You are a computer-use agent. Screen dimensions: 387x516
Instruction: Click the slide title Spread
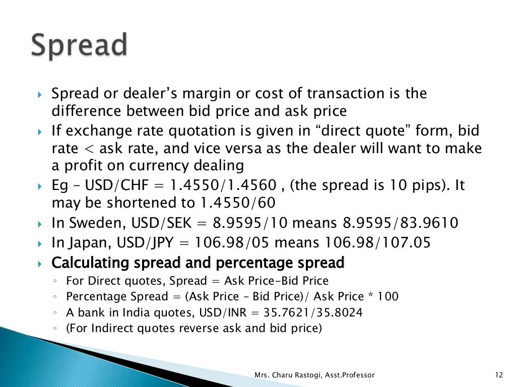click(x=79, y=46)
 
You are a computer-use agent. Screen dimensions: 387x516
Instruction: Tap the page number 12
click(x=499, y=375)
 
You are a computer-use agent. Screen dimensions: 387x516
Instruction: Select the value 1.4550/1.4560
click(x=223, y=185)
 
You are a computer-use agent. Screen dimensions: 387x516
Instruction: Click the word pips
click(x=424, y=185)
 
